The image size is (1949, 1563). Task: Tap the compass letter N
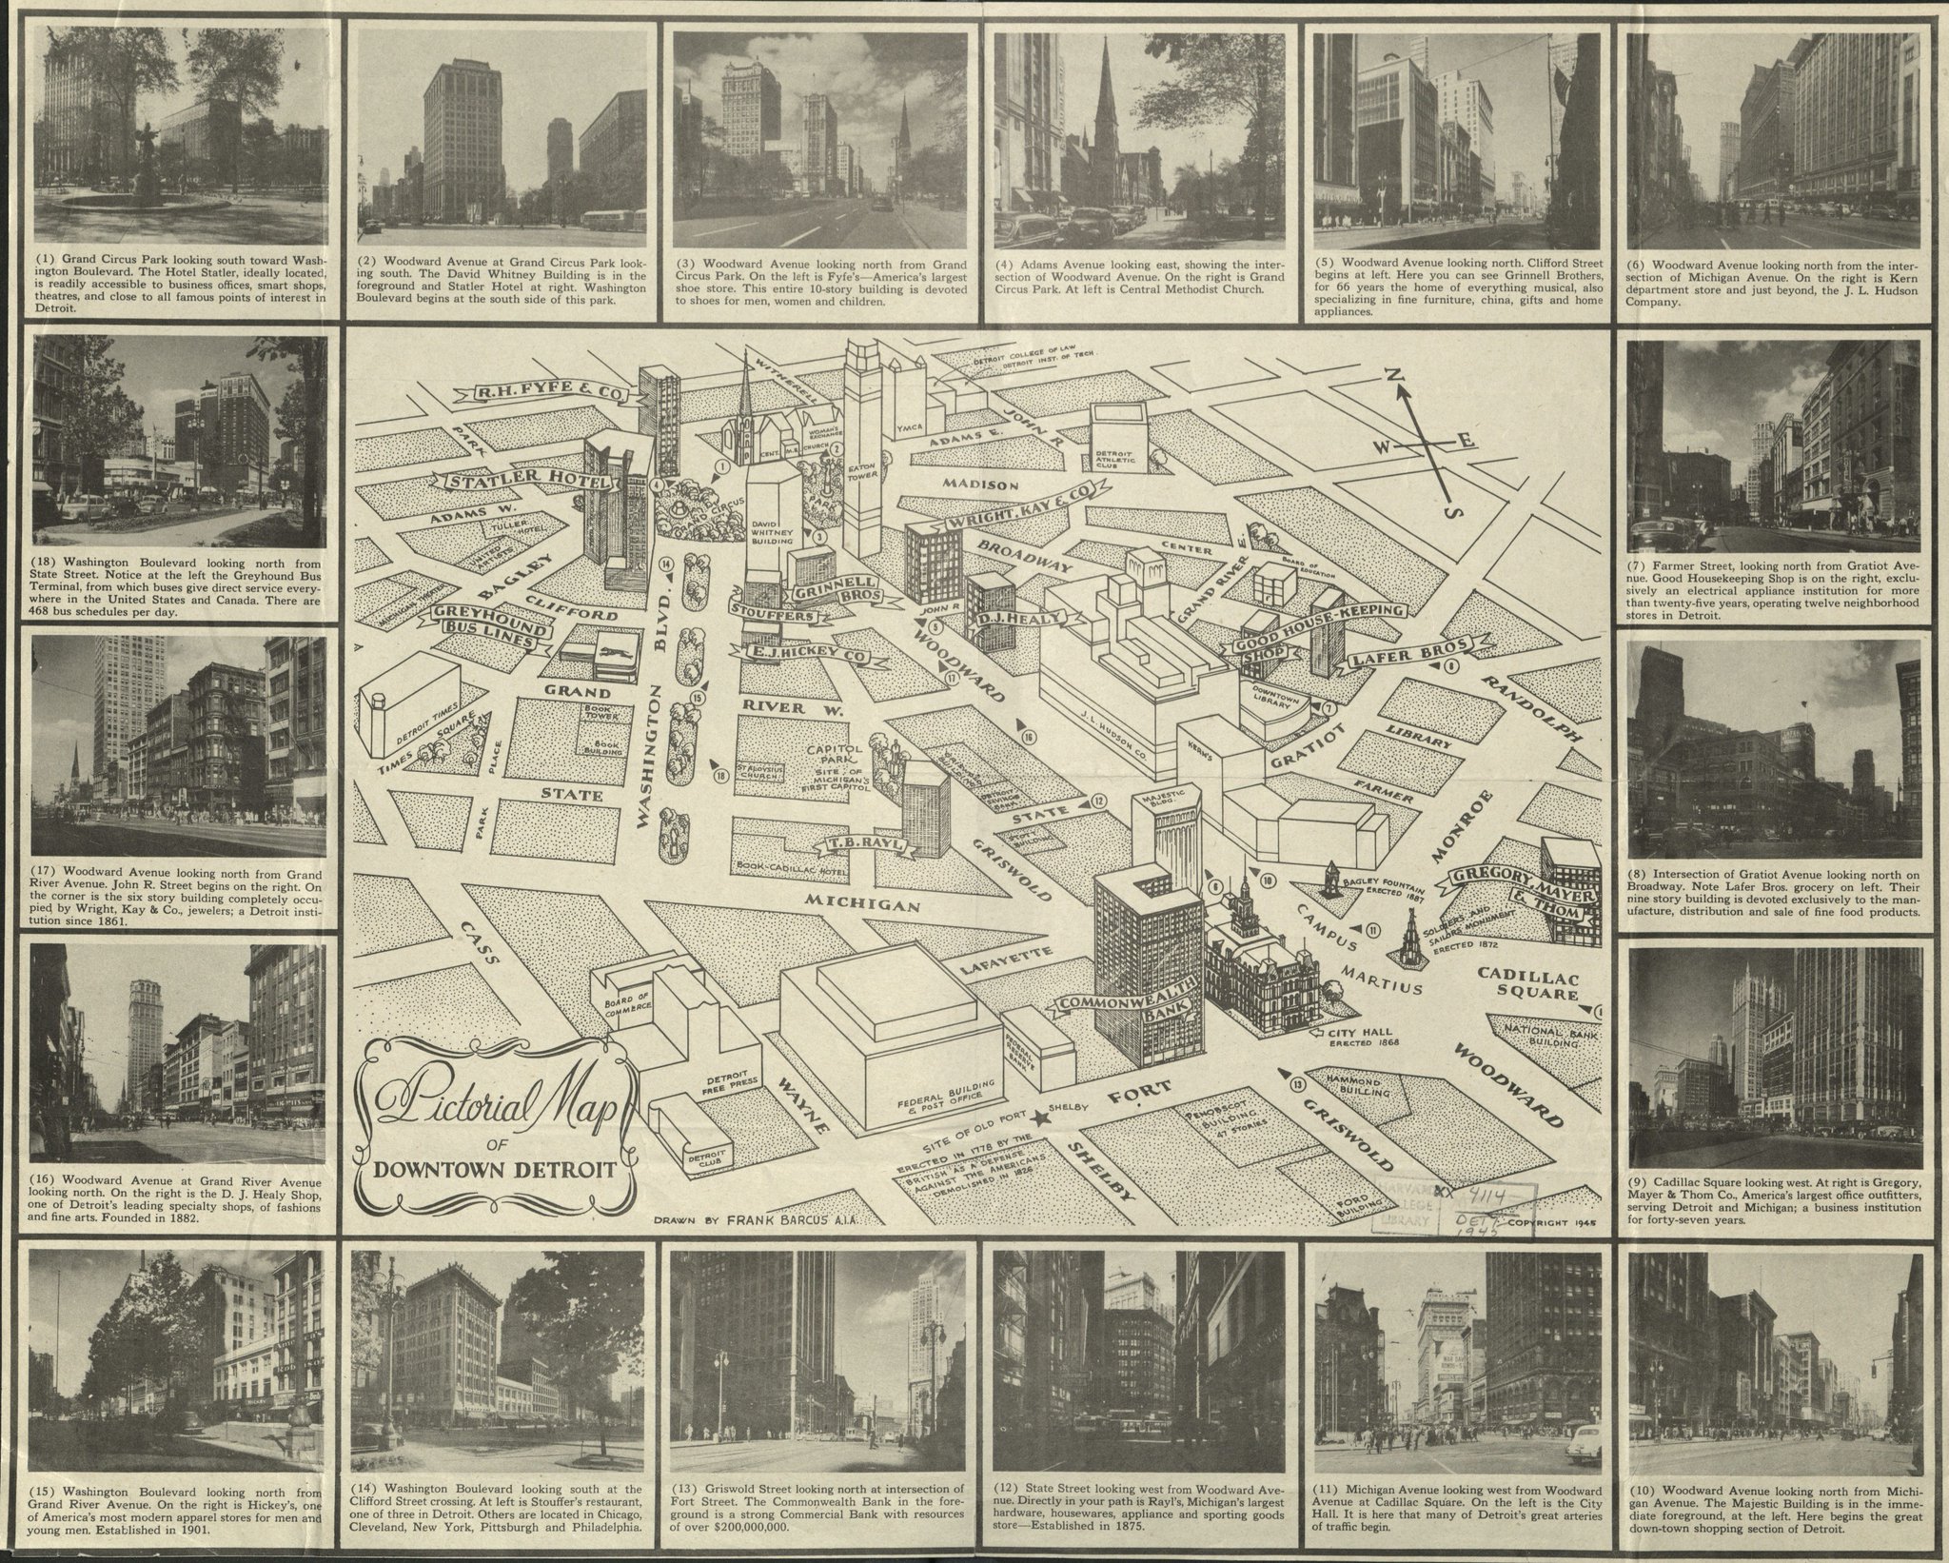1398,379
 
